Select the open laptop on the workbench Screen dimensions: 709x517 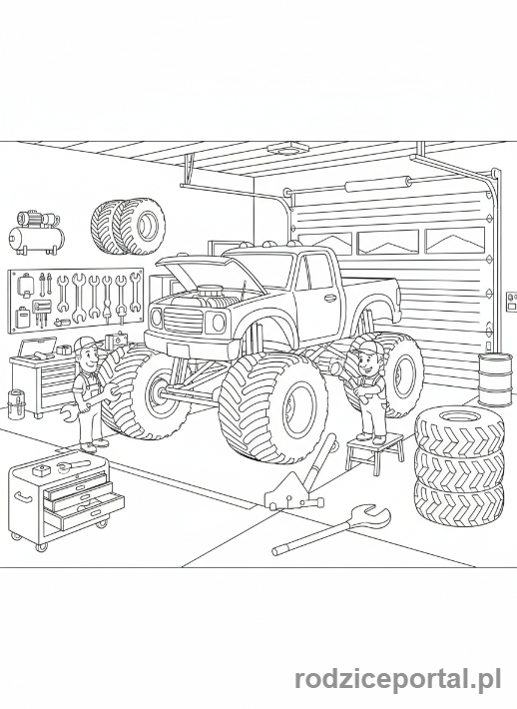point(37,348)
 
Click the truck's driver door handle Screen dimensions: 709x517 point(330,297)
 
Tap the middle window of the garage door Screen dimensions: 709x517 point(387,242)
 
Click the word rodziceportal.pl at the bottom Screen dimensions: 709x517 point(397,681)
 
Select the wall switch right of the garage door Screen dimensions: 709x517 point(511,298)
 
